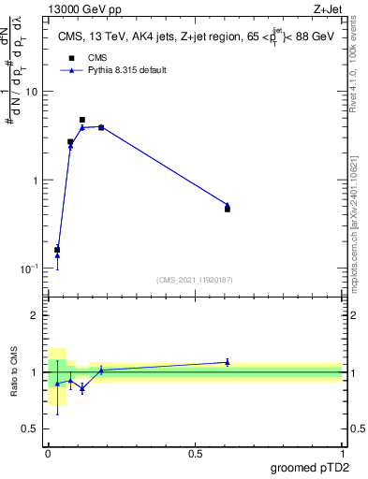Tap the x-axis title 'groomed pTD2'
point(311,469)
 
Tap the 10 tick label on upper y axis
point(33,92)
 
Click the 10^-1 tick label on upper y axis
point(31,268)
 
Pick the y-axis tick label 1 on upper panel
point(37,180)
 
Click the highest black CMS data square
point(82,120)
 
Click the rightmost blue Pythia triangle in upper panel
point(228,205)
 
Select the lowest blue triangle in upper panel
point(57,254)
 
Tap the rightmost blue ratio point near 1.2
point(228,362)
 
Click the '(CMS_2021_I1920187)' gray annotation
point(195,279)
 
